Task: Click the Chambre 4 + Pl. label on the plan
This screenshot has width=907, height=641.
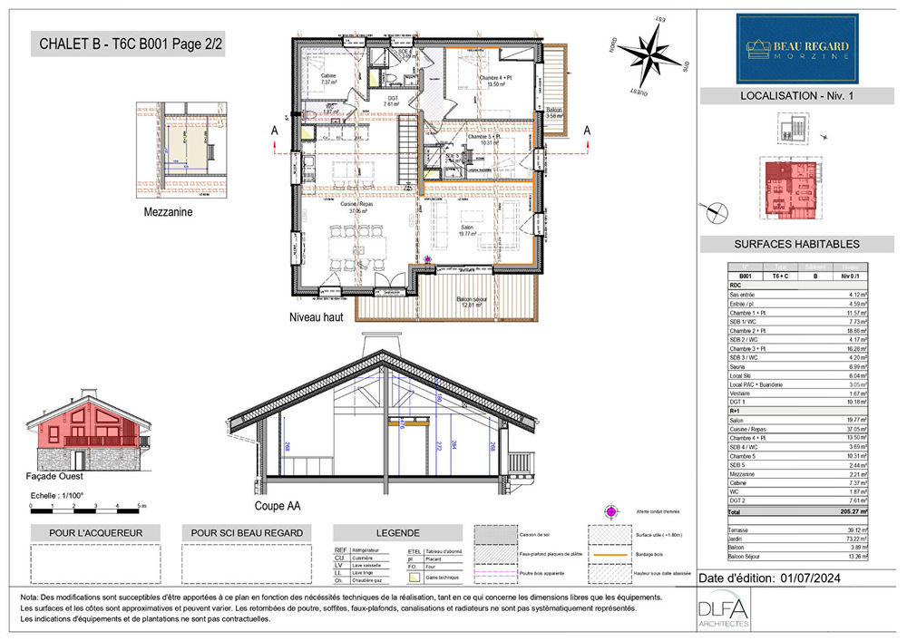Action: pyautogui.click(x=496, y=81)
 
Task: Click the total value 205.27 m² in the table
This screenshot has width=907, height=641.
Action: pyautogui.click(x=851, y=512)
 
